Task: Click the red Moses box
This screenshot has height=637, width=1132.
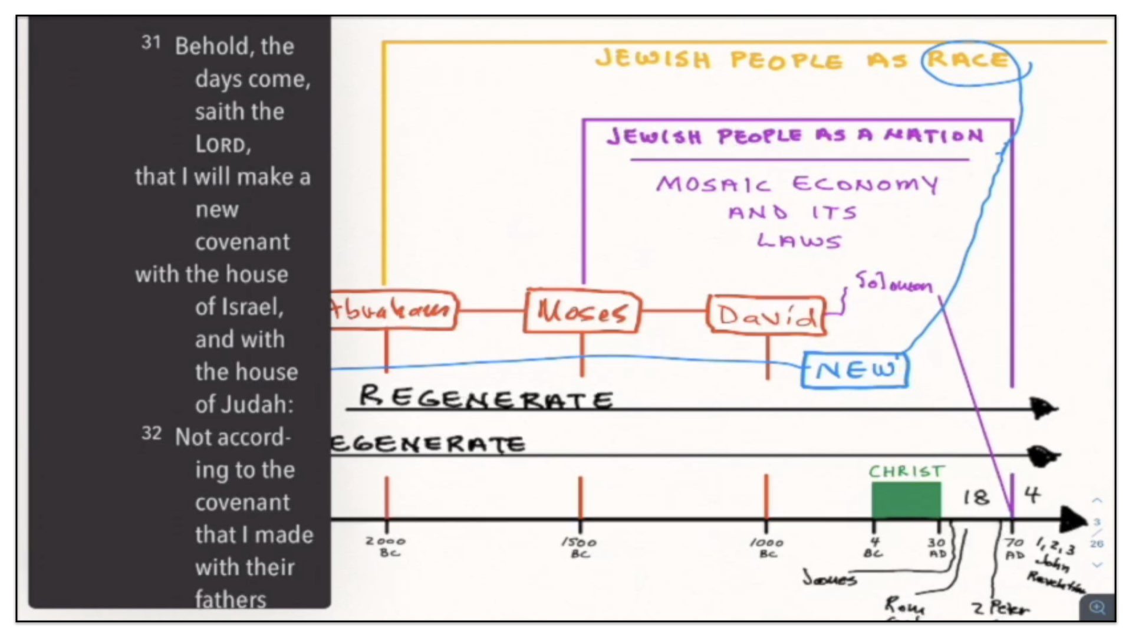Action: tap(581, 311)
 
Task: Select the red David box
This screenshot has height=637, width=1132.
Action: tap(766, 316)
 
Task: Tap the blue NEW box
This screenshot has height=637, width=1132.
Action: tap(855, 370)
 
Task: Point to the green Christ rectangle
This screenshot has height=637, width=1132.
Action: tap(906, 500)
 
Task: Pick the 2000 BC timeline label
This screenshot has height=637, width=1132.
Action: tap(386, 546)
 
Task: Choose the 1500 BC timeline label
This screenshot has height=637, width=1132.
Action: tap(579, 547)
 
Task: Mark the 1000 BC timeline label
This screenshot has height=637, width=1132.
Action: tap(766, 547)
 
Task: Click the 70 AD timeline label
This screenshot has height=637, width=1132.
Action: tap(1015, 548)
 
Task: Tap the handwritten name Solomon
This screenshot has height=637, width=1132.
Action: tap(894, 283)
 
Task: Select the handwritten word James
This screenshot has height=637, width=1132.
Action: tap(829, 578)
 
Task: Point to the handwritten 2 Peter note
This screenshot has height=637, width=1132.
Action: tap(1001, 608)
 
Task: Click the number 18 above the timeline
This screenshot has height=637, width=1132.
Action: tap(976, 497)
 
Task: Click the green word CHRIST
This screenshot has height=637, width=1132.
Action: tap(906, 471)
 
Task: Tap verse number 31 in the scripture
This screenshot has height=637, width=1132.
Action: tap(151, 42)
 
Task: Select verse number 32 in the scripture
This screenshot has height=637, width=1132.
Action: tap(151, 434)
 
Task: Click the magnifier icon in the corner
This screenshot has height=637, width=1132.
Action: tap(1097, 608)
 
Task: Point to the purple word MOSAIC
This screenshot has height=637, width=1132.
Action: tap(713, 184)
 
